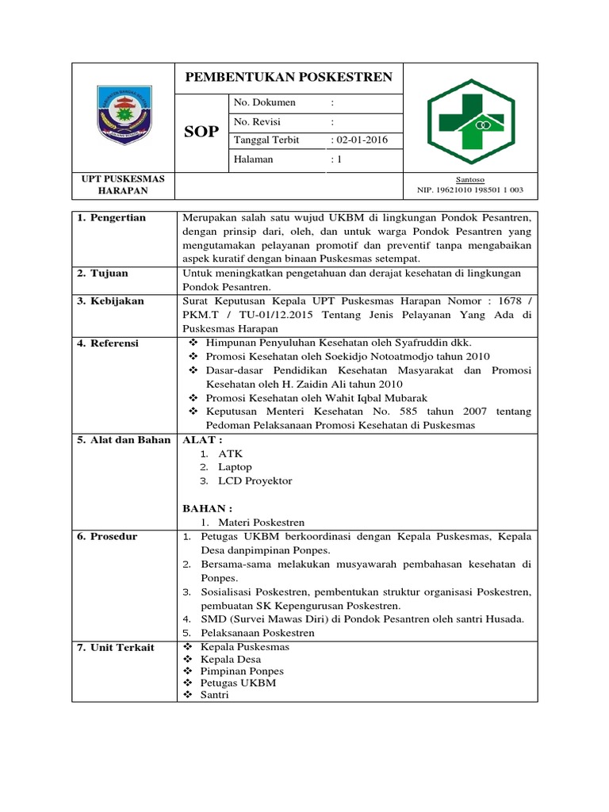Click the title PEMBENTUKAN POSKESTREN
click(289, 77)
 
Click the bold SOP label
click(201, 132)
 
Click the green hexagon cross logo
click(470, 118)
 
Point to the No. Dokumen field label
click(265, 102)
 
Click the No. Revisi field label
click(258, 121)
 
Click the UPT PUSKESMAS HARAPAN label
click(123, 186)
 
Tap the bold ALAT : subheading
click(203, 439)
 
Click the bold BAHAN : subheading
click(208, 507)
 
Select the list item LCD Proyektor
click(255, 481)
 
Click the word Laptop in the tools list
click(235, 467)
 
